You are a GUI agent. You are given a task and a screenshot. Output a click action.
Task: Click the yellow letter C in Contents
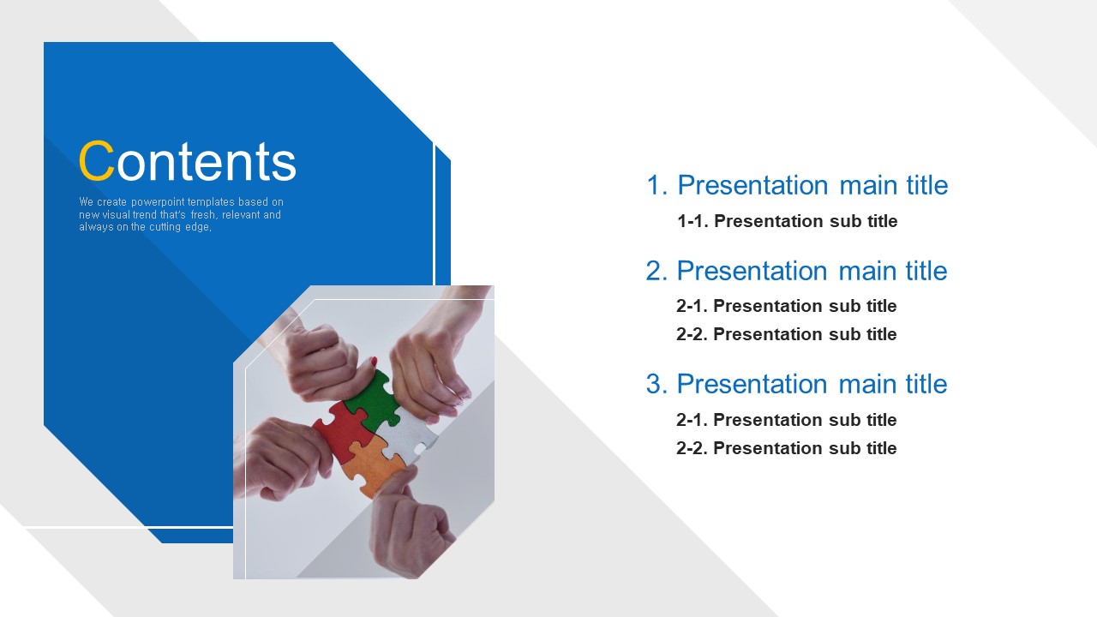[96, 160]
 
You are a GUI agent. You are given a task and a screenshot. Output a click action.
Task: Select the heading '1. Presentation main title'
[797, 186]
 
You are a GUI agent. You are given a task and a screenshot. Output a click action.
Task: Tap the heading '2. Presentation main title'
[797, 271]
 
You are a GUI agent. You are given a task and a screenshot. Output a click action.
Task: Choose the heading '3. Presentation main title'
[797, 384]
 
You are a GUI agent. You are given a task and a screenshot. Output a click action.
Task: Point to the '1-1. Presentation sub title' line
[787, 221]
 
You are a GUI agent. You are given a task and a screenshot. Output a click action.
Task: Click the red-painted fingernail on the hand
[374, 362]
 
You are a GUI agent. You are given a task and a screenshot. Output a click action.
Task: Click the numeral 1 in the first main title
[653, 186]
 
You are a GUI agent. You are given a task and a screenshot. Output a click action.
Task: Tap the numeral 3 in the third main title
[653, 384]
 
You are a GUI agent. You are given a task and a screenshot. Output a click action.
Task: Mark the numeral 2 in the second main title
[653, 271]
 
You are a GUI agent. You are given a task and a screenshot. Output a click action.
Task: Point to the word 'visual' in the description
[116, 214]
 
